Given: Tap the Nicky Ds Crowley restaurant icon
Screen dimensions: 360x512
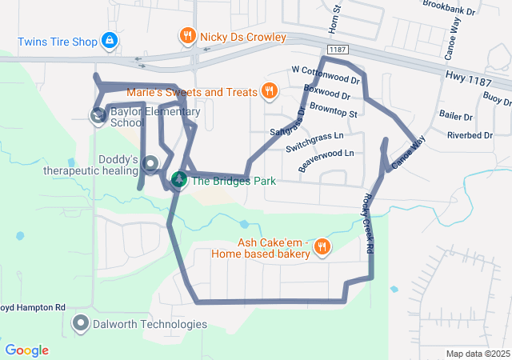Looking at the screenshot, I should [x=186, y=35].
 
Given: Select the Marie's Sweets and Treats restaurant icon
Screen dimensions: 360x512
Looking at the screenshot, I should [x=269, y=91].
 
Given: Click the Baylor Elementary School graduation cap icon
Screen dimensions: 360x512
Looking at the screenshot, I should [x=98, y=116].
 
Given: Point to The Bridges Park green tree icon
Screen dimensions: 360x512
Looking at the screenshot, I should [x=179, y=180].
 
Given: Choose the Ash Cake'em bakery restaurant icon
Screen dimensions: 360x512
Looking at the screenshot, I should [x=322, y=246].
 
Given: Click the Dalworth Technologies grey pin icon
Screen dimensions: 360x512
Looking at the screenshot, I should [x=81, y=323].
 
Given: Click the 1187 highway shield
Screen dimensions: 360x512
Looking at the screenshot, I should [x=338, y=50].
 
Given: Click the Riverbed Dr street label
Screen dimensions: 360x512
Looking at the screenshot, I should [x=470, y=135].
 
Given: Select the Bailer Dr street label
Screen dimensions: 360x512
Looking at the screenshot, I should [x=455, y=117].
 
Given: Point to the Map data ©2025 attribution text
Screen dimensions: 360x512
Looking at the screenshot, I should [x=477, y=354].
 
